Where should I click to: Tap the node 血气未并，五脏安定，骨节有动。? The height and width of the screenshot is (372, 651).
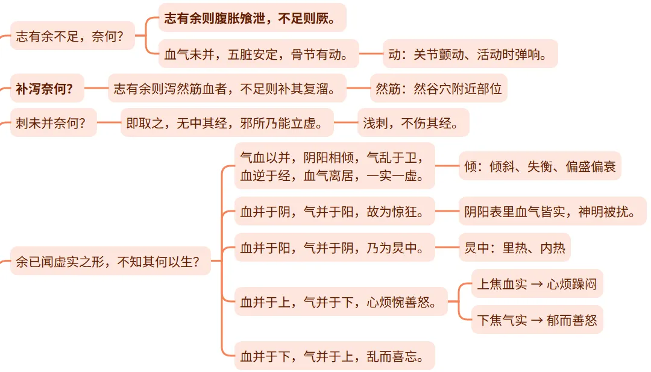pyautogui.click(x=258, y=54)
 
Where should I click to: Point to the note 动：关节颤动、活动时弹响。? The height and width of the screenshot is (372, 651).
pyautogui.click(x=470, y=54)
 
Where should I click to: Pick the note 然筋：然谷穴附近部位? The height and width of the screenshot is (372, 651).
pyautogui.click(x=438, y=89)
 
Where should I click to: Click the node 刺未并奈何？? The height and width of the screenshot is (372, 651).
pyautogui.click(x=53, y=123)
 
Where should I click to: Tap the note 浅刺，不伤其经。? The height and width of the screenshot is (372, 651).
pyautogui.click(x=413, y=123)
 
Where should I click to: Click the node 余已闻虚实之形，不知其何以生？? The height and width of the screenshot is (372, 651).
pyautogui.click(x=110, y=261)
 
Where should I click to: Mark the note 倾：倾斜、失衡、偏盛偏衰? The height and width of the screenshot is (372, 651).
pyautogui.click(x=539, y=166)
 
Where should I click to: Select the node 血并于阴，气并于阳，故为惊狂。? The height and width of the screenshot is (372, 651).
pyautogui.click(x=334, y=211)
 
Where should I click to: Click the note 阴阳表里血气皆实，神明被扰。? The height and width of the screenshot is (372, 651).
pyautogui.click(x=552, y=211)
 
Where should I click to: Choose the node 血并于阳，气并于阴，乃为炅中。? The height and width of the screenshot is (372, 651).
pyautogui.click(x=334, y=247)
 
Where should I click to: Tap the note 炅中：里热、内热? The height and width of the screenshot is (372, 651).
pyautogui.click(x=514, y=247)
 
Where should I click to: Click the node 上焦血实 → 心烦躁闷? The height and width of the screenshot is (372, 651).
pyautogui.click(x=536, y=283)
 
